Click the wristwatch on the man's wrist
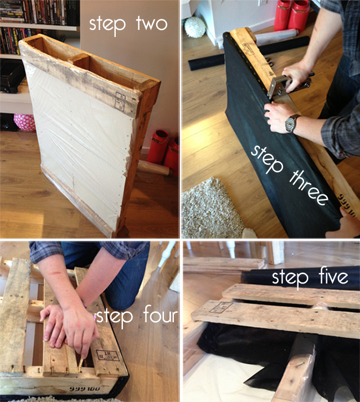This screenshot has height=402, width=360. (292, 123)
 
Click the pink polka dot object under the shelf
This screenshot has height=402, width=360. (24, 122)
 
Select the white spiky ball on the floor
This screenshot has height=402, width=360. (195, 27)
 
